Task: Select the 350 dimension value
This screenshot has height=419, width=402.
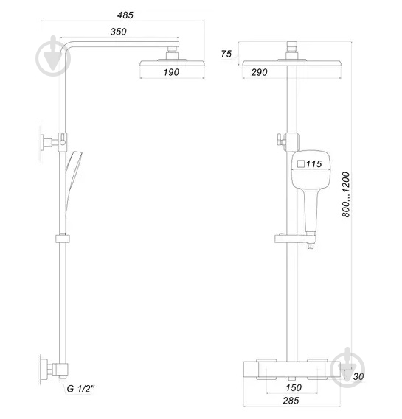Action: click(119, 32)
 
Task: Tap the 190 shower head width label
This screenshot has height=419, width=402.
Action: click(172, 72)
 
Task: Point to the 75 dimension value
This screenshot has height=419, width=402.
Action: click(226, 54)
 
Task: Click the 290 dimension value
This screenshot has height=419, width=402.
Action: click(258, 72)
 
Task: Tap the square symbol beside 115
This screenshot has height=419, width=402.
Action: click(300, 164)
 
